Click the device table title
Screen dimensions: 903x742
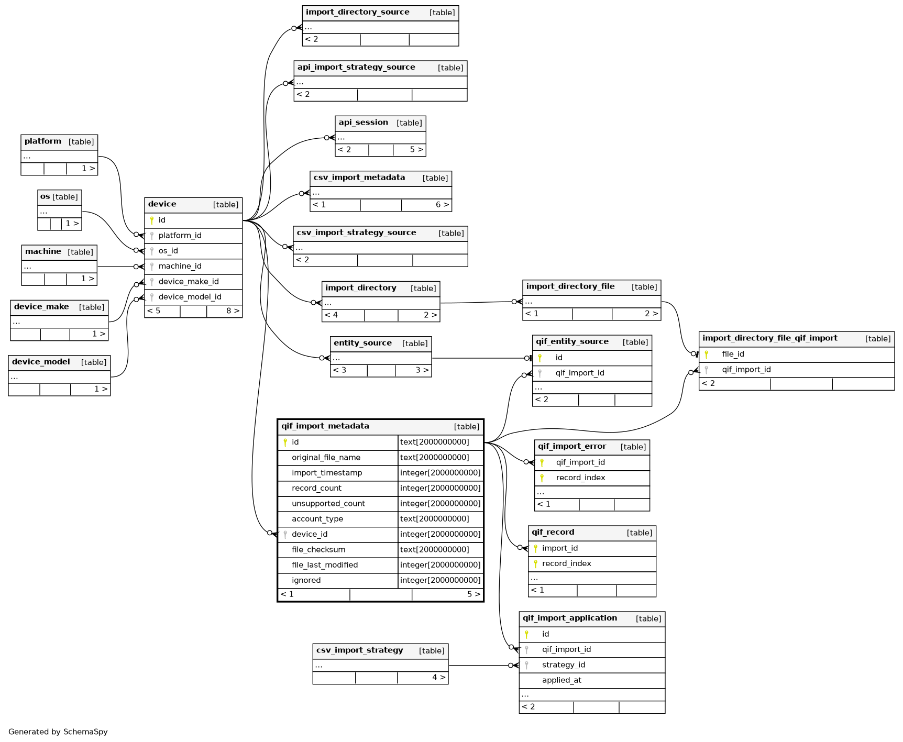(x=162, y=204)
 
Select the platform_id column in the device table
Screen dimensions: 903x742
(x=180, y=236)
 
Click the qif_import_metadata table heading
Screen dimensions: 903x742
(x=325, y=426)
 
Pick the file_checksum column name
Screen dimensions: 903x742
(x=318, y=550)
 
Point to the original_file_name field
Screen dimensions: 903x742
(x=326, y=458)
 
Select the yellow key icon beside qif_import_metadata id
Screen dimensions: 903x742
(x=285, y=442)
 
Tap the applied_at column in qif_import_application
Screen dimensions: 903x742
(x=561, y=680)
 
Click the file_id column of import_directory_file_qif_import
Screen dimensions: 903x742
(x=733, y=354)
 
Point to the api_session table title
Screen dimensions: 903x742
(x=363, y=123)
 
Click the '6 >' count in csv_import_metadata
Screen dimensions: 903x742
(x=442, y=205)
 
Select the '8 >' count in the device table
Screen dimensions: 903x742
(x=233, y=311)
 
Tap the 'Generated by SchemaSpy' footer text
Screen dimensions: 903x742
(x=58, y=732)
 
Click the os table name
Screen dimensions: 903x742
(x=45, y=197)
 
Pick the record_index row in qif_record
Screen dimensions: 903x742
(x=566, y=564)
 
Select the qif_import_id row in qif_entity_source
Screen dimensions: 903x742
(x=580, y=373)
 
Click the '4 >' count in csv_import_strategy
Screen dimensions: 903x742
(x=438, y=678)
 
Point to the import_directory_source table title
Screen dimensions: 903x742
(x=357, y=12)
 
